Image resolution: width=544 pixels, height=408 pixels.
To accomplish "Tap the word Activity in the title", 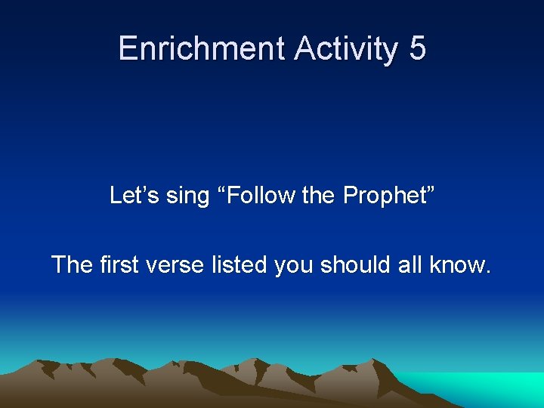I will point(345,48).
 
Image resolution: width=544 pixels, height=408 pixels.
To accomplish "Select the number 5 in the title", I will point(418,48).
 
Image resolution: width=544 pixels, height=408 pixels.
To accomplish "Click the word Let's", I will point(132,196).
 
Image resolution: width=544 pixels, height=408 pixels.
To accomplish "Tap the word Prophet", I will point(384,196).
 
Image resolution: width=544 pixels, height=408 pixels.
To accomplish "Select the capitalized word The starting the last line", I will point(72,264).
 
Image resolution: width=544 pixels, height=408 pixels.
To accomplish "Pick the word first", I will point(118,264).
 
